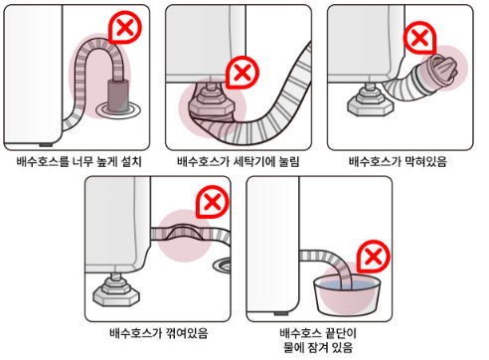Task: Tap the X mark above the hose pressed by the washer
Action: [x=242, y=72]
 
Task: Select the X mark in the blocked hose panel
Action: [x=421, y=38]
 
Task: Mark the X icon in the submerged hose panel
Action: [x=374, y=259]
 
